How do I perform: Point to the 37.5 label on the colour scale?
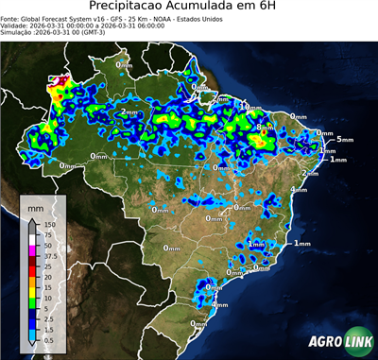point(50,256)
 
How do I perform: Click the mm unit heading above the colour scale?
point(35,206)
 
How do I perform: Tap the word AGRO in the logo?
point(321,342)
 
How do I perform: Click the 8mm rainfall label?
point(262,127)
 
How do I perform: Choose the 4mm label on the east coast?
point(299,189)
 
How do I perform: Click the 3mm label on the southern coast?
point(220,305)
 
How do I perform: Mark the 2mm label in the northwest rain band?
point(129,112)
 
